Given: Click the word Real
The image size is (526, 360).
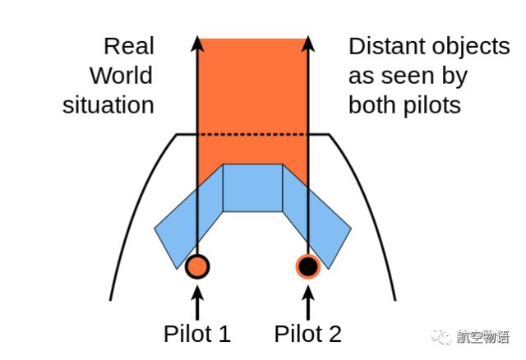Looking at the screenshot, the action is tap(129, 46).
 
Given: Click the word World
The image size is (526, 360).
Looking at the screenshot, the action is tap(122, 76).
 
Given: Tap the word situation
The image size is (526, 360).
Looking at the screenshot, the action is tap(108, 105).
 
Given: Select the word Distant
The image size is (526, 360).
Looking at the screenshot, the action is tap(388, 46).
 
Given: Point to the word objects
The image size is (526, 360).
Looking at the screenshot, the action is tap(471, 48).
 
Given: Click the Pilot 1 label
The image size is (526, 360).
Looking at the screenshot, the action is tap(197, 334).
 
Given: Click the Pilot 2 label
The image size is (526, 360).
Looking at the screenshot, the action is tap(308, 334).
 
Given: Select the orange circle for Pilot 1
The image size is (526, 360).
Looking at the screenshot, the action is tap(197, 266).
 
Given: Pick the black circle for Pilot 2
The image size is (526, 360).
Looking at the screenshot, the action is tap(308, 266).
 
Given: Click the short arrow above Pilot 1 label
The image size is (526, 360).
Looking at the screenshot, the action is tap(197, 302).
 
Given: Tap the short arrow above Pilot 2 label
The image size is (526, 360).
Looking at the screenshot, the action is tap(308, 302).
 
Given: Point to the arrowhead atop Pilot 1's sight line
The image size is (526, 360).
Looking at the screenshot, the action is tap(197, 44).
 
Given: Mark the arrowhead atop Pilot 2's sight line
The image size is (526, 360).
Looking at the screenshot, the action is tap(308, 44).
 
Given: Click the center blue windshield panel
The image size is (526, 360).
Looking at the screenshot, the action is tap(252, 188).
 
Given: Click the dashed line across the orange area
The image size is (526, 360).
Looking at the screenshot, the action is tap(252, 135).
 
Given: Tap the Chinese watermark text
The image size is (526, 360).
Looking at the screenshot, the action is tap(483, 336).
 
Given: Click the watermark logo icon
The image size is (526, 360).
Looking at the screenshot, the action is tap(441, 336).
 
